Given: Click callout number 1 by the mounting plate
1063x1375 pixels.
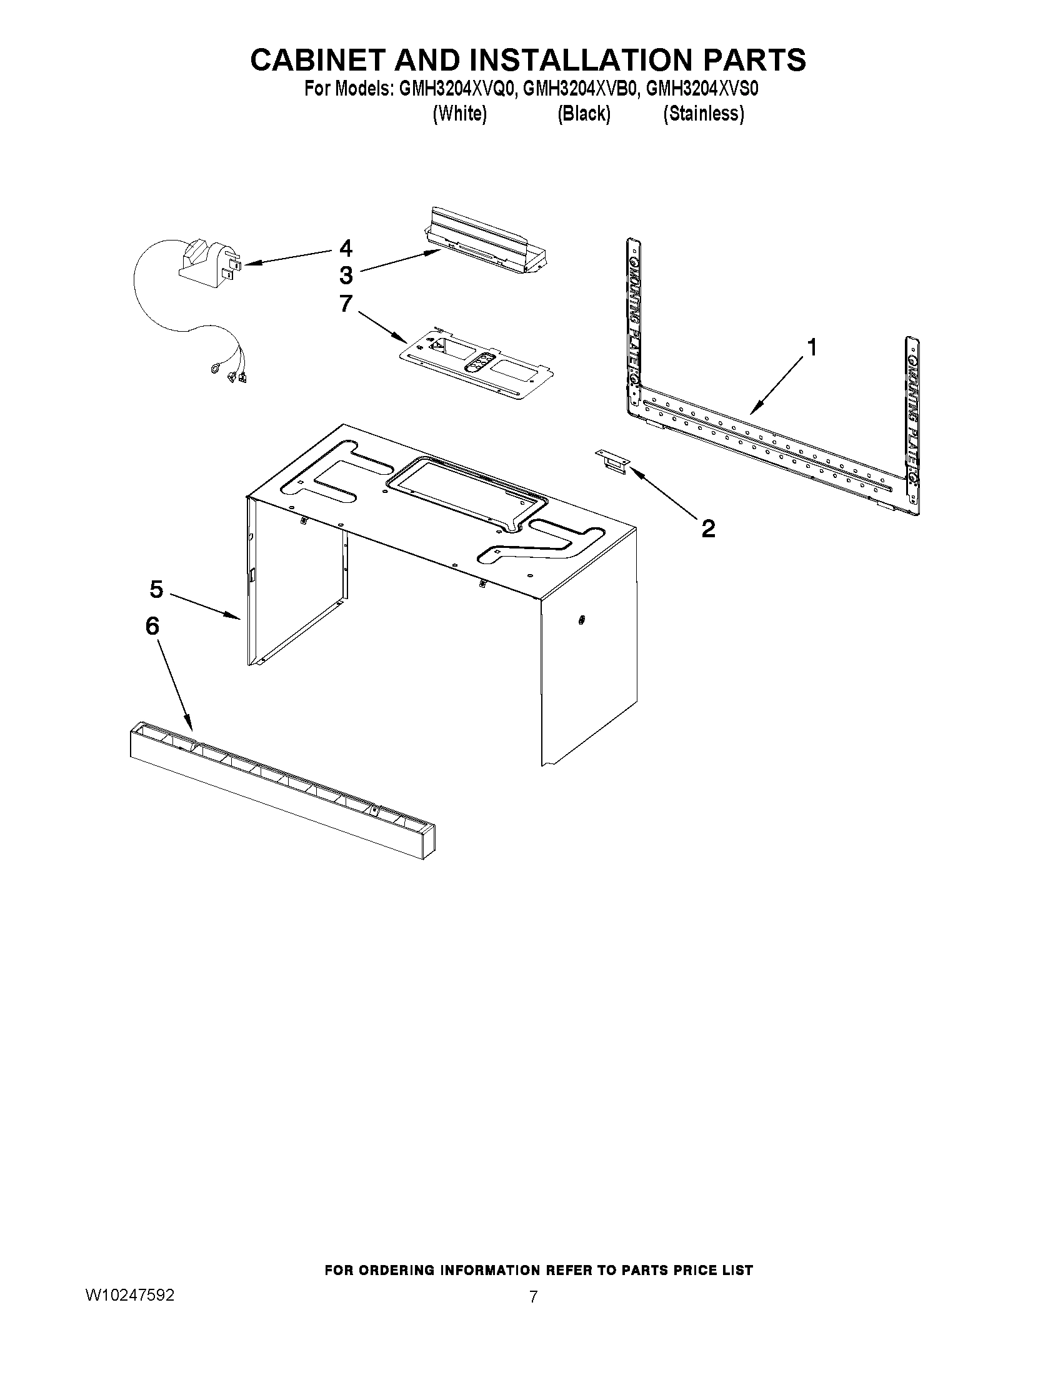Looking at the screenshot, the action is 812,347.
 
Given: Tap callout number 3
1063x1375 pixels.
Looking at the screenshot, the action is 346,275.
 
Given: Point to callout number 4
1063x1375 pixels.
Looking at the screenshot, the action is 346,248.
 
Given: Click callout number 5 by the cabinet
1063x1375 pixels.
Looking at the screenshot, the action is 156,589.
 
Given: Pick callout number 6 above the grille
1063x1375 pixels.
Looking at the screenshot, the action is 152,626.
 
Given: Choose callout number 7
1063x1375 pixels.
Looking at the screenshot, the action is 346,304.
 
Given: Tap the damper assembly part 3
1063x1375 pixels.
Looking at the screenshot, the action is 488,246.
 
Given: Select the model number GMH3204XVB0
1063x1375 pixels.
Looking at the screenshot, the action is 580,89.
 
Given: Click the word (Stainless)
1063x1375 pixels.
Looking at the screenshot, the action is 704,114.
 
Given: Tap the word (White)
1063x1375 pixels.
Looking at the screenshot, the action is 459,114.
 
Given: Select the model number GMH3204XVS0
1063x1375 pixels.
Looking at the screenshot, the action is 702,89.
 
